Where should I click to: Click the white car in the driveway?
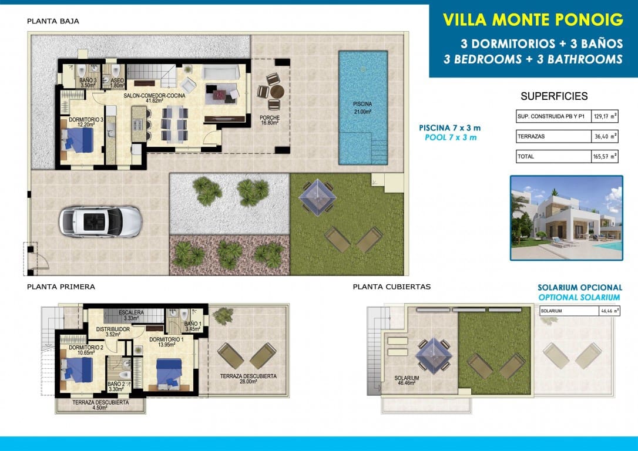(x=100, y=222)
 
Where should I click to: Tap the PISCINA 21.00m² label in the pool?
(x=362, y=107)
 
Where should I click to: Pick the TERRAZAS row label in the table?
(x=531, y=136)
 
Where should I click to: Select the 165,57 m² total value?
(x=605, y=157)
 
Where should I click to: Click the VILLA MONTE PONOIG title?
(x=533, y=19)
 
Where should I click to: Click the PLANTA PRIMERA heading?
(x=61, y=287)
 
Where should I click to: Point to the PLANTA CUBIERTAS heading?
(x=392, y=287)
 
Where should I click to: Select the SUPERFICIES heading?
(x=554, y=96)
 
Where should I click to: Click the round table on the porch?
(x=276, y=92)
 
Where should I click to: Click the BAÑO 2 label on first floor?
(x=116, y=386)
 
